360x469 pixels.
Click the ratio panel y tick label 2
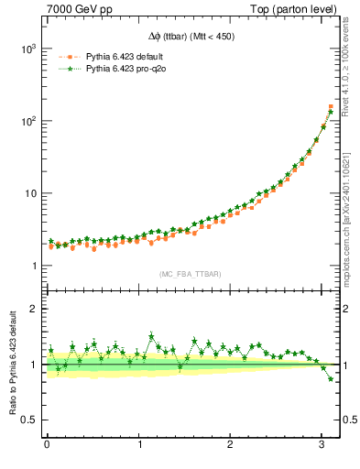[31, 309]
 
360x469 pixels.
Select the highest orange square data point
[331, 107]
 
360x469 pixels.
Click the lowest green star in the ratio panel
[331, 378]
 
